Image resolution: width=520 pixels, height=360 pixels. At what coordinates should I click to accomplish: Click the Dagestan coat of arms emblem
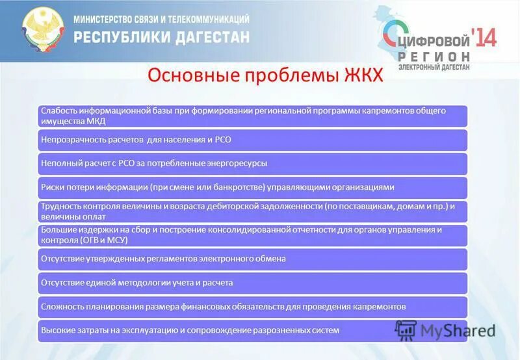[x=44, y=30]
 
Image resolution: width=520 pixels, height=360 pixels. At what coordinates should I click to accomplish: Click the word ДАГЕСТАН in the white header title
[x=209, y=37]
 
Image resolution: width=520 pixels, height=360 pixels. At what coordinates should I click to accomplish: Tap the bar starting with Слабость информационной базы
[x=252, y=116]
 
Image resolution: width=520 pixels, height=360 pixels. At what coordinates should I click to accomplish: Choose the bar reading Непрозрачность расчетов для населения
[x=252, y=140]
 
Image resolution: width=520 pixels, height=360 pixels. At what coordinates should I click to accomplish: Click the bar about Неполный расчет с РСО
[x=252, y=163]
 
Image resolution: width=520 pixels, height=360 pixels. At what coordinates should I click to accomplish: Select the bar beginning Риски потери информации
[x=252, y=187]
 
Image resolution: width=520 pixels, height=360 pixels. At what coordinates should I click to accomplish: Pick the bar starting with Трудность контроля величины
[x=252, y=211]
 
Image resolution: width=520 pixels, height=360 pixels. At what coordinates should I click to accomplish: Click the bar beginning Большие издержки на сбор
[x=252, y=235]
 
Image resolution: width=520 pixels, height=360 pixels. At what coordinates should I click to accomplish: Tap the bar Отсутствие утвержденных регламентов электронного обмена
[x=252, y=259]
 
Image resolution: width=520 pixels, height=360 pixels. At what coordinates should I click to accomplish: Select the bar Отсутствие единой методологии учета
[x=252, y=283]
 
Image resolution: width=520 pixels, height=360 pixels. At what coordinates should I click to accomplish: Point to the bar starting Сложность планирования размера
[x=252, y=306]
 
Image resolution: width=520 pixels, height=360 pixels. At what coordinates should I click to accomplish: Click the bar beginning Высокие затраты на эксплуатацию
[x=252, y=330]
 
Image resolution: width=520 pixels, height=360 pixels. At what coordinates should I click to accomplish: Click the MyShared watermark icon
[x=406, y=330]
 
